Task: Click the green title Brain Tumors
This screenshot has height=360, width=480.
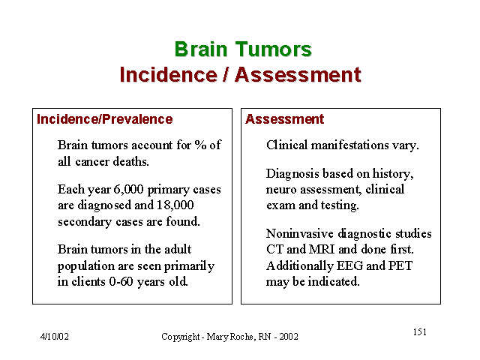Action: (x=243, y=49)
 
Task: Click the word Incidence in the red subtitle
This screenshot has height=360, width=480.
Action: (x=168, y=75)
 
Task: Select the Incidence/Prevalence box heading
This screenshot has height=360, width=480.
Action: (x=105, y=119)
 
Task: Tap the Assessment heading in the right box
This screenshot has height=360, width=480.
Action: (x=284, y=119)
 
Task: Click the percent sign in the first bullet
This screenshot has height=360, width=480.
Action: (x=200, y=145)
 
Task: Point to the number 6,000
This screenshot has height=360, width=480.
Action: (x=128, y=190)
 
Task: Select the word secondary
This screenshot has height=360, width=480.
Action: (x=85, y=222)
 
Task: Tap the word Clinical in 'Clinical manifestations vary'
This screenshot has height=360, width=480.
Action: (x=286, y=145)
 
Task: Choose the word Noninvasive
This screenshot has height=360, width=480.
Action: (x=300, y=233)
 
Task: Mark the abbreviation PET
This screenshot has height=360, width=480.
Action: (x=400, y=265)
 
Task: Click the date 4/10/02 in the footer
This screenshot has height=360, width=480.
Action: (x=55, y=337)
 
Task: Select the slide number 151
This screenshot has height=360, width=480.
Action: (x=420, y=332)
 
